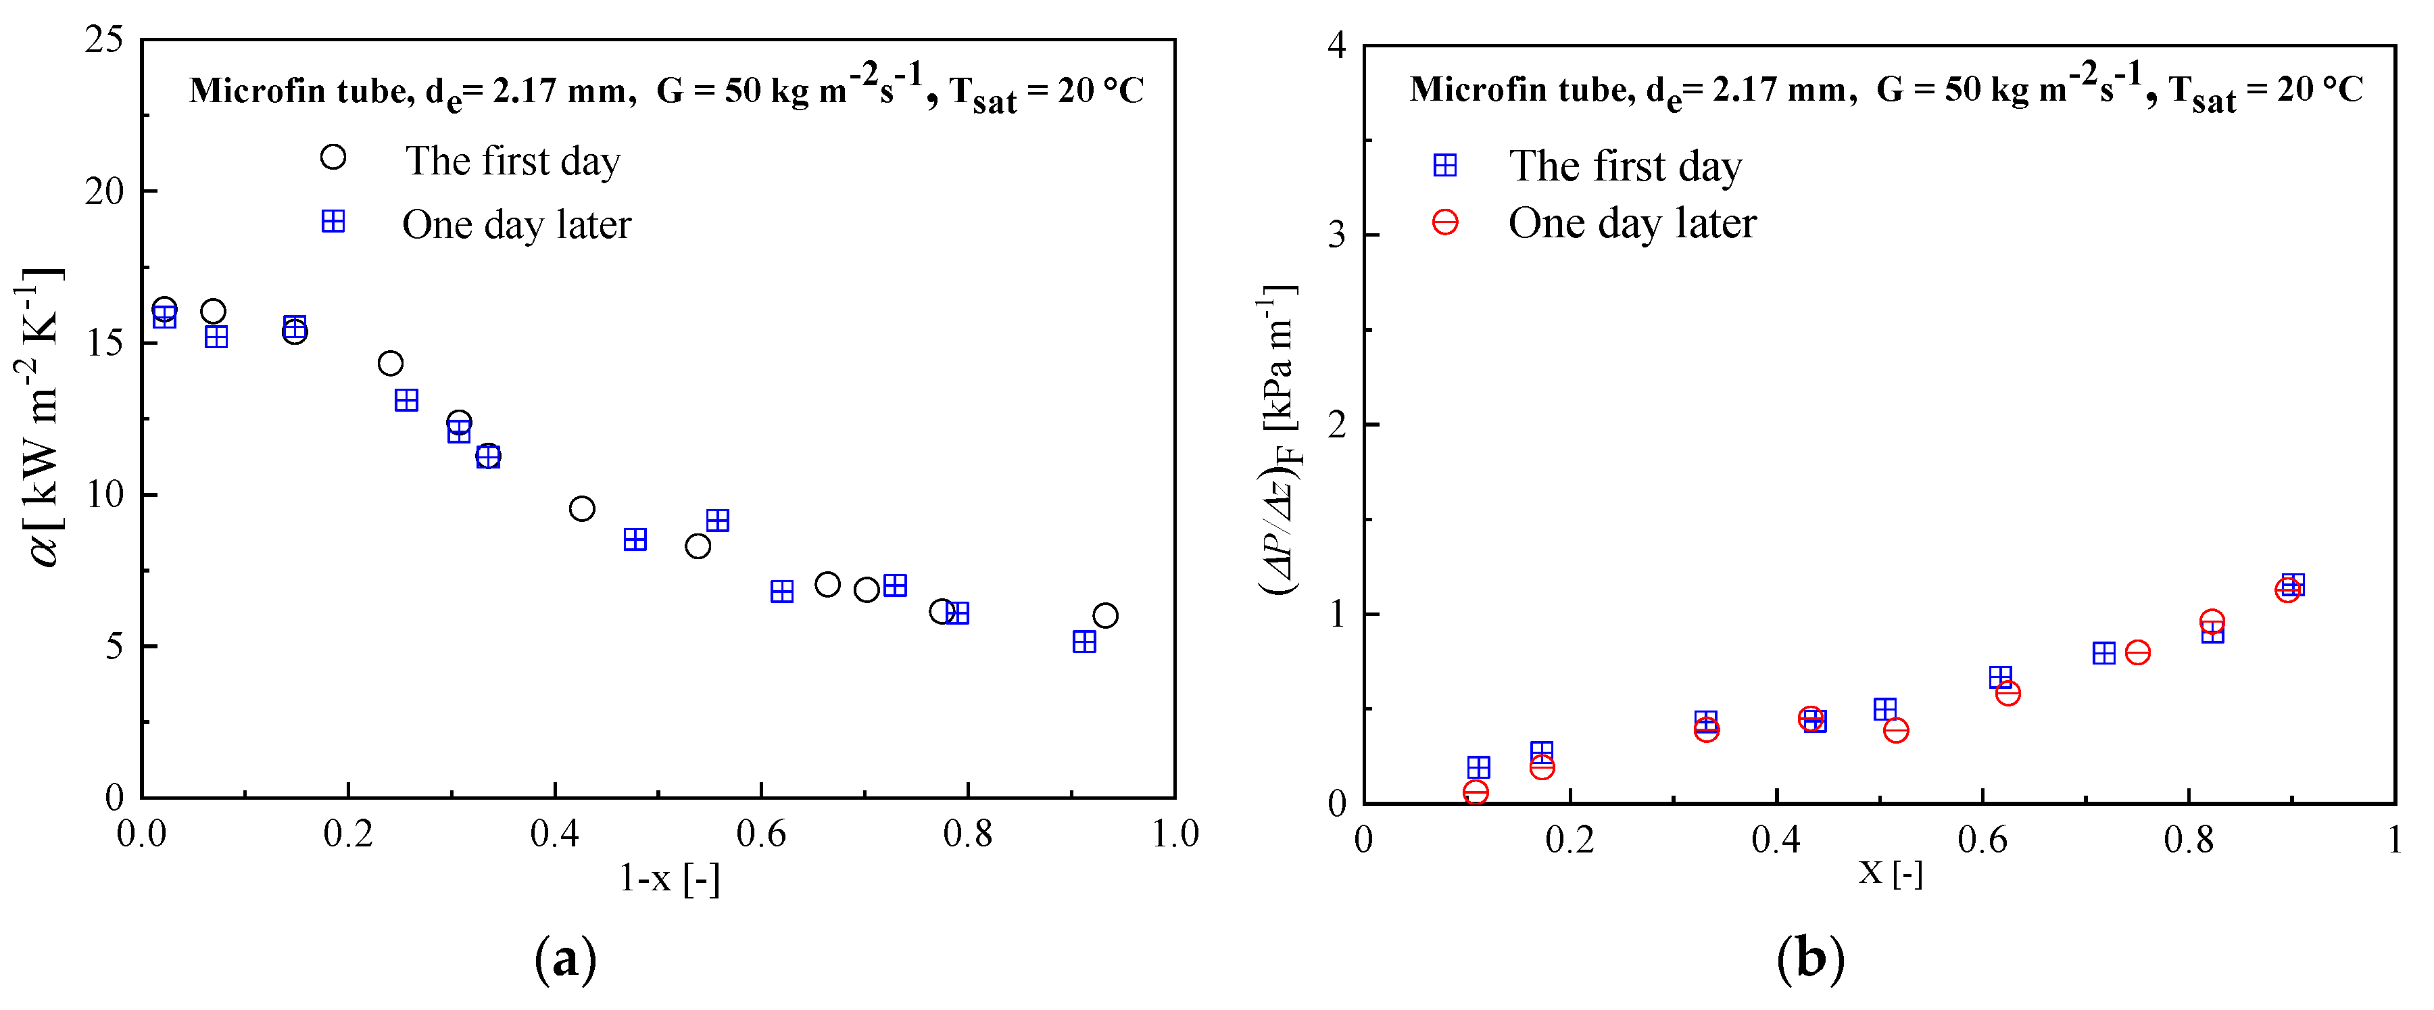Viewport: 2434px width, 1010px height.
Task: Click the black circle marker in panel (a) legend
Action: tap(333, 157)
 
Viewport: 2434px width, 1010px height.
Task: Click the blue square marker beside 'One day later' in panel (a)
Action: tap(333, 221)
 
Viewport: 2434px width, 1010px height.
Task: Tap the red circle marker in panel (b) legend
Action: tap(1444, 222)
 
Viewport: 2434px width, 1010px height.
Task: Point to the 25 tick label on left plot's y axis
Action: tap(104, 40)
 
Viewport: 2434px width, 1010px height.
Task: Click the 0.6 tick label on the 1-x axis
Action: tap(760, 834)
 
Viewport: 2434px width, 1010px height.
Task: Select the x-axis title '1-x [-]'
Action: tap(669, 879)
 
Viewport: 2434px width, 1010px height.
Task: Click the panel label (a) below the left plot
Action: tap(565, 960)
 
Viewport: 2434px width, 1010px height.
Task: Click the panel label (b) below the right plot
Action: tap(1809, 960)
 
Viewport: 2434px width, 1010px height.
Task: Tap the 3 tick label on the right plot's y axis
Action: tap(1336, 235)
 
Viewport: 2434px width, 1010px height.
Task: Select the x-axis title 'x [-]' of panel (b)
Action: tap(1890, 872)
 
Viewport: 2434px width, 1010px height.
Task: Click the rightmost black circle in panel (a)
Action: tap(1104, 616)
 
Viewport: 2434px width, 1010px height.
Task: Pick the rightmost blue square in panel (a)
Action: tap(1084, 642)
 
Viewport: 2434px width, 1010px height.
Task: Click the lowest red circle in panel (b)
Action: tap(1475, 792)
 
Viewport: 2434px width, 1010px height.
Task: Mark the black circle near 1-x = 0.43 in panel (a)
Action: tap(582, 508)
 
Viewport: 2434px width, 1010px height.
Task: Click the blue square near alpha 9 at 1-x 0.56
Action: tap(717, 521)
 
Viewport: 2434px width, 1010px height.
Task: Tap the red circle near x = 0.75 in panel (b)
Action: tap(2137, 652)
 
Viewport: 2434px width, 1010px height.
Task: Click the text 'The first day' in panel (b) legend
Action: tap(1624, 166)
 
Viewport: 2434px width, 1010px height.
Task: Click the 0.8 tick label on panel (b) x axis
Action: tap(2189, 840)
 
